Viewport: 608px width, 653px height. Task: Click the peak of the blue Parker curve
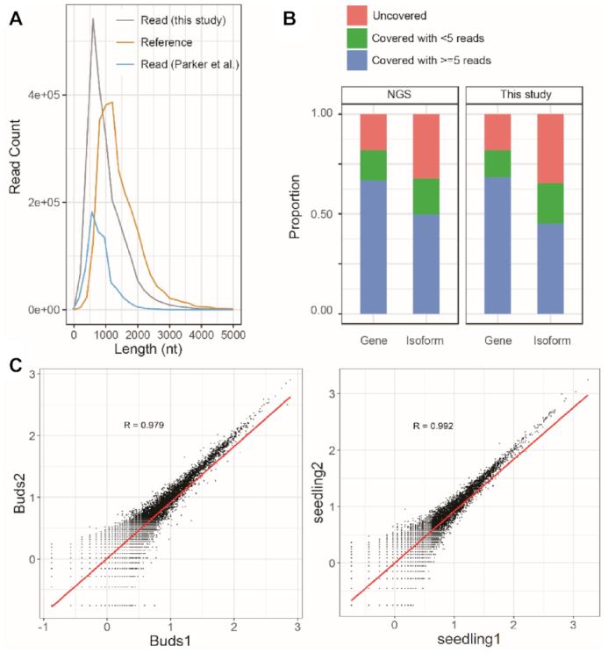point(92,212)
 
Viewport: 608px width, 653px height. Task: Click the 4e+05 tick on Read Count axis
point(46,94)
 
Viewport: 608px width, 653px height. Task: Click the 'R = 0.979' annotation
point(147,425)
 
